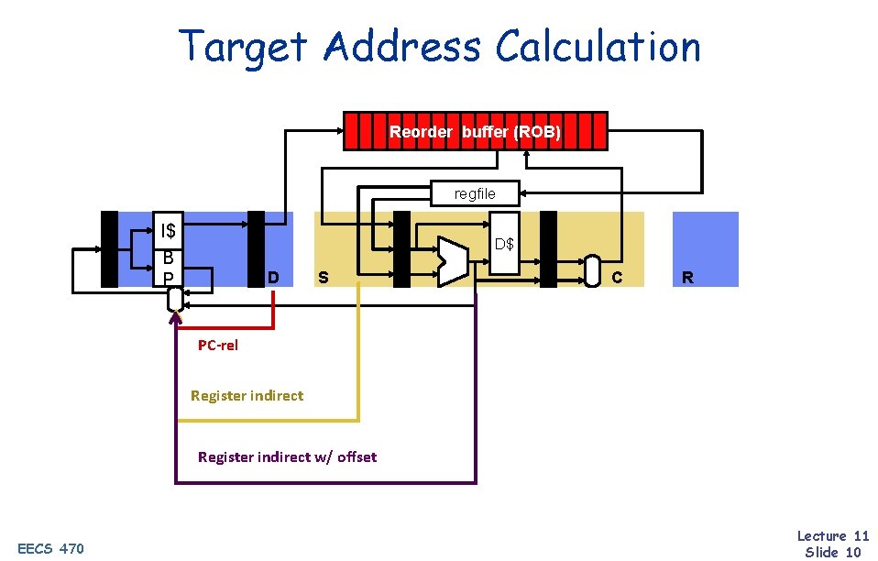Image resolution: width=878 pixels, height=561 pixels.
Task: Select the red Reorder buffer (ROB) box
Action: (x=475, y=131)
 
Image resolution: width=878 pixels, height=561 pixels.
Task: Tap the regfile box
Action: (x=475, y=192)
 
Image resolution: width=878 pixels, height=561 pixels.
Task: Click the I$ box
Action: (x=168, y=229)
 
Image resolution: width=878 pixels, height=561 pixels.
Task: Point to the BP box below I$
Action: (x=168, y=268)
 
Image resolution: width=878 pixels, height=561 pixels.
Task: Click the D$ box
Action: (x=504, y=245)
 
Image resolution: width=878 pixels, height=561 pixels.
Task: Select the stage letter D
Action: (x=273, y=277)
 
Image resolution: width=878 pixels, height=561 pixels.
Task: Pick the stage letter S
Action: (x=323, y=277)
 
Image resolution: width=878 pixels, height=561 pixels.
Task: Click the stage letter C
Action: (x=617, y=277)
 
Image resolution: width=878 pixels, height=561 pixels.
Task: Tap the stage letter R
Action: (x=687, y=277)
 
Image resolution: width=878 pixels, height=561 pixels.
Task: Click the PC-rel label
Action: (x=218, y=346)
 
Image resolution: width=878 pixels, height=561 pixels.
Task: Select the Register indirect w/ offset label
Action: (x=287, y=456)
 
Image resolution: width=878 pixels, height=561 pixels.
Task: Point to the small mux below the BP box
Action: (x=175, y=300)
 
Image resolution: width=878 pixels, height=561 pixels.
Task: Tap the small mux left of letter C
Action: (x=592, y=270)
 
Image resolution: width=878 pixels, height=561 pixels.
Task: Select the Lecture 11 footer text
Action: (x=832, y=535)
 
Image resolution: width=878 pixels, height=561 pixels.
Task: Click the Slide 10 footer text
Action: (x=832, y=551)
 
